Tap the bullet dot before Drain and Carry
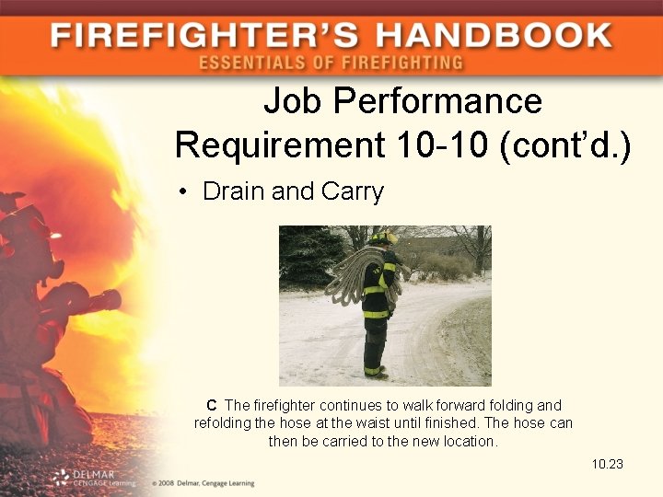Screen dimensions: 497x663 [x=184, y=192]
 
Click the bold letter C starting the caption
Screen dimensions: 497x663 [x=211, y=405]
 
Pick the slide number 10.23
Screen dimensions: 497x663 [x=608, y=464]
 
